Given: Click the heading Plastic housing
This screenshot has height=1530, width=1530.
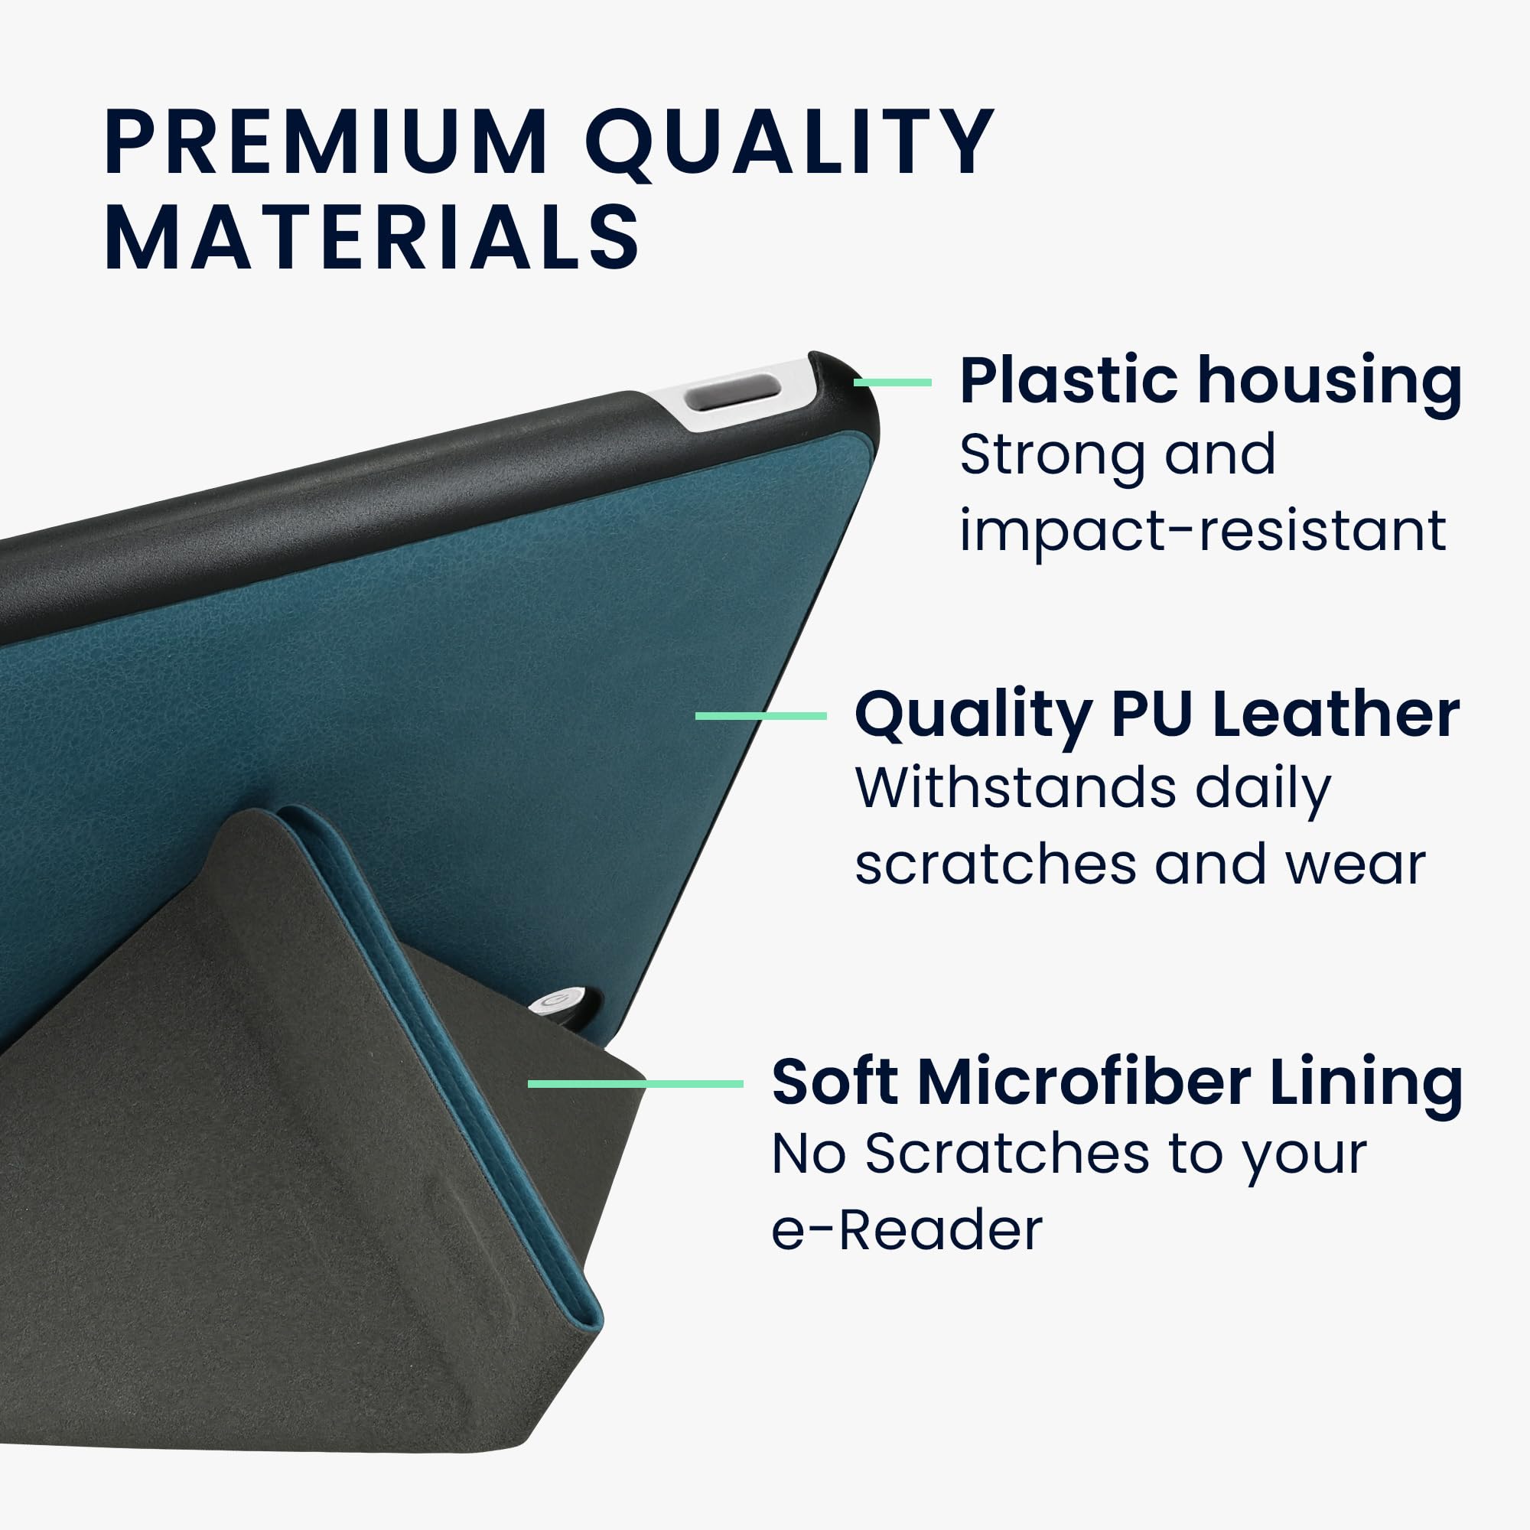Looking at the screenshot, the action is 1211,383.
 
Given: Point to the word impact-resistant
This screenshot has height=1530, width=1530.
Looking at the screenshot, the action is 1203,532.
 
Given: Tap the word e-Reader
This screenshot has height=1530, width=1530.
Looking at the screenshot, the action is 907,1231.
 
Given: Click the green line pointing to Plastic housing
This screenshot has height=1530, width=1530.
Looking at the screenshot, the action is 893,382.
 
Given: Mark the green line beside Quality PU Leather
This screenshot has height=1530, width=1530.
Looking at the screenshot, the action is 761,716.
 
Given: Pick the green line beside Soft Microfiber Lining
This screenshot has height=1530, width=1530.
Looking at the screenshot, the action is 636,1083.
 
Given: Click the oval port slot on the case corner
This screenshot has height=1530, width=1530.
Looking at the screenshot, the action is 733,393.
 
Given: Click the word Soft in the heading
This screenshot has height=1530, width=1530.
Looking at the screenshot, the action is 835,1082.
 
